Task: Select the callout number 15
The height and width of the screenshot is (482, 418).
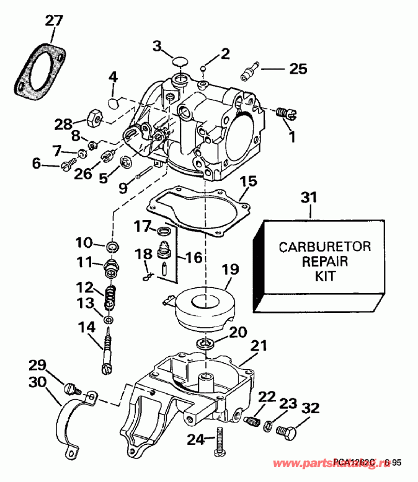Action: pyautogui.click(x=248, y=182)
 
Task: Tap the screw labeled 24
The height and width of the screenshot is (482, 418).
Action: pyautogui.click(x=220, y=442)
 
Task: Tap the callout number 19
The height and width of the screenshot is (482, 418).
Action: pyautogui.click(x=229, y=270)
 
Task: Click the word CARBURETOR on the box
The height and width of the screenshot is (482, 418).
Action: pyautogui.click(x=324, y=247)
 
